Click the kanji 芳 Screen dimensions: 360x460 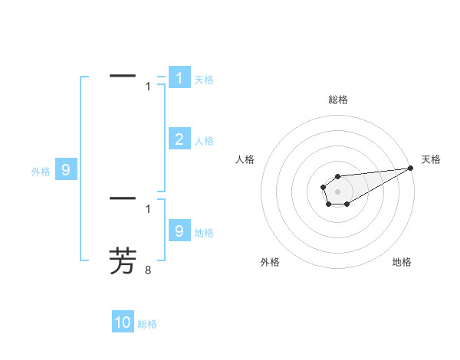point(123,261)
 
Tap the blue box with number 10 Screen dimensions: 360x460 point(123,322)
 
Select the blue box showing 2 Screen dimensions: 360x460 point(179,139)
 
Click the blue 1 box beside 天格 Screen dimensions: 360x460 point(179,78)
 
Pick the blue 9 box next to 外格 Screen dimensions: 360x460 point(66,170)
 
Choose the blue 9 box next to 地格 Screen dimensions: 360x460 point(179,231)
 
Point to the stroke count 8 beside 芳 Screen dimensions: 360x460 point(148,270)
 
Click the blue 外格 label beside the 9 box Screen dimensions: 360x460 point(41,172)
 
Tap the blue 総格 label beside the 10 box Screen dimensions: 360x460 point(147,324)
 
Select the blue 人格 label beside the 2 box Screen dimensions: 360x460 point(204,141)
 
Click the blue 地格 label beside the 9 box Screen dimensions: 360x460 point(204,232)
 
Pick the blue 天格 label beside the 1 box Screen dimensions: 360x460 point(204,80)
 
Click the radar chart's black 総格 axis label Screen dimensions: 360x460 point(338,100)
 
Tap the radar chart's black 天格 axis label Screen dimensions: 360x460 point(431,159)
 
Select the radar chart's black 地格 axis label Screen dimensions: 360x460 point(402,262)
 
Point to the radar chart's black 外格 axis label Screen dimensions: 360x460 point(270,262)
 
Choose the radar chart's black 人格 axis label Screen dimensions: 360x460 point(245,159)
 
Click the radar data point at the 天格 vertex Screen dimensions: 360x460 point(410,168)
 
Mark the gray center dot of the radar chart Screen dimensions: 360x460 point(337,190)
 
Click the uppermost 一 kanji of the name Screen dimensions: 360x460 point(123,76)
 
